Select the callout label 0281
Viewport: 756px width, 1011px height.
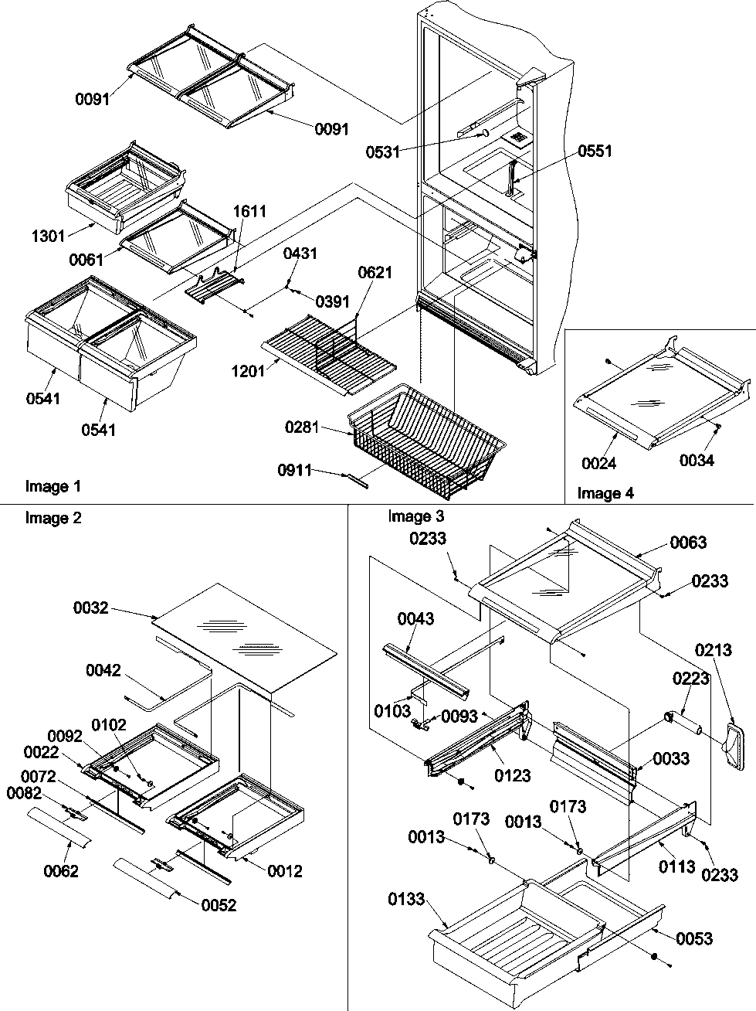(302, 426)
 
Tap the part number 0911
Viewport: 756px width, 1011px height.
(297, 469)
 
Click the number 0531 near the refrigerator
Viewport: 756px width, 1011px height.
(383, 151)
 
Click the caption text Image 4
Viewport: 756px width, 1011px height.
(606, 493)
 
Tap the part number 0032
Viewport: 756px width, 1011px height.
(91, 608)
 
